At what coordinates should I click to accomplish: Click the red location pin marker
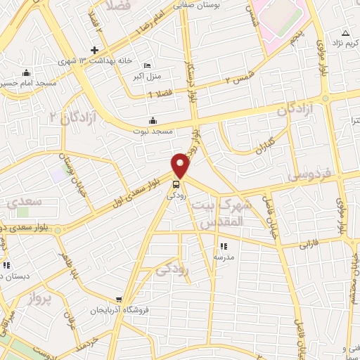click(181, 165)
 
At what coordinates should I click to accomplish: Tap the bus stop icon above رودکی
click(175, 186)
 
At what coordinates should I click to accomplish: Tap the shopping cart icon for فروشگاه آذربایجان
click(120, 298)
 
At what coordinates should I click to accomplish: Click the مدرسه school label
click(224, 257)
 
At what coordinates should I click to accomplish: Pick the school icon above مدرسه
click(224, 247)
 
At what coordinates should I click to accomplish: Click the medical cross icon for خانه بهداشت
click(94, 51)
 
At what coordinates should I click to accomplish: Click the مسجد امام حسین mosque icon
click(27, 72)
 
